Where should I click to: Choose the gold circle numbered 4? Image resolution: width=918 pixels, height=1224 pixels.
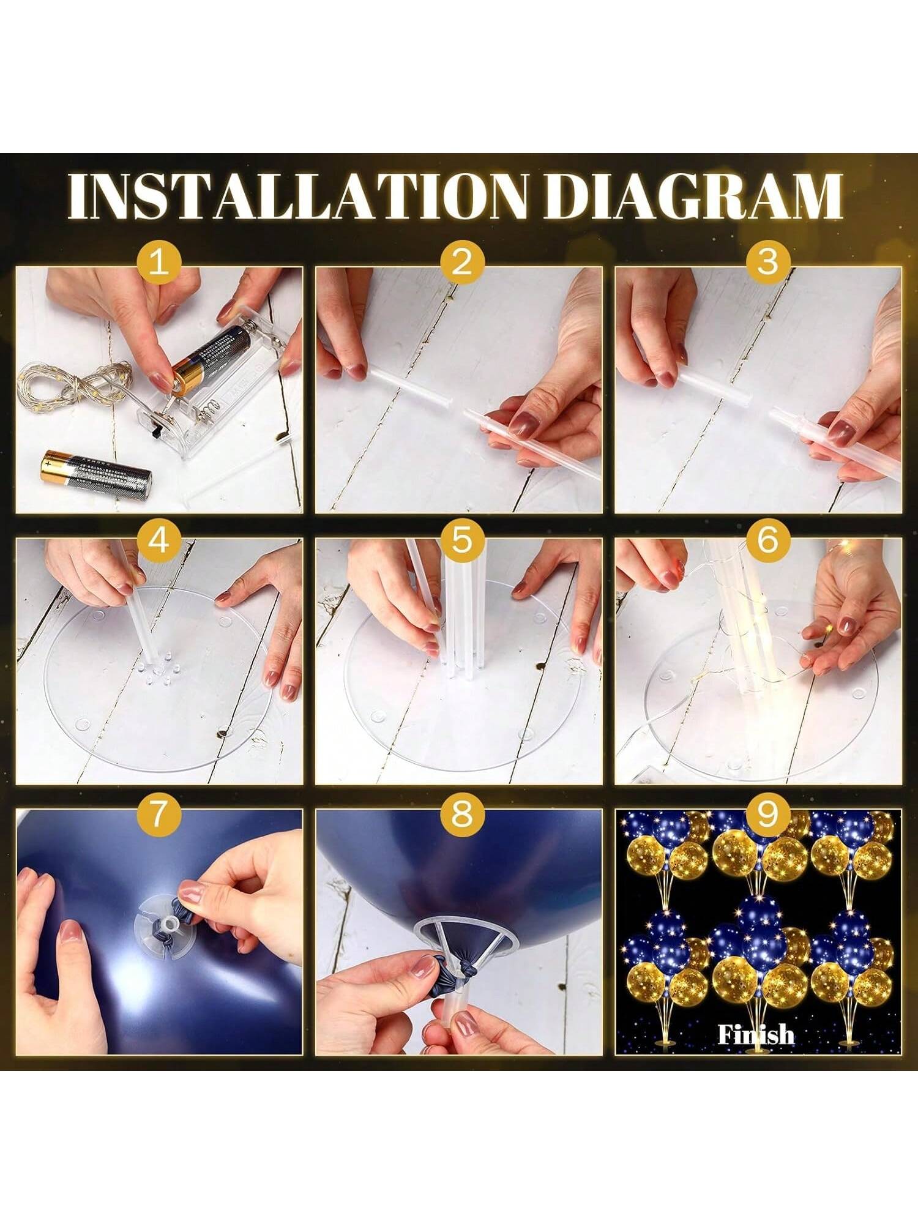pos(159,542)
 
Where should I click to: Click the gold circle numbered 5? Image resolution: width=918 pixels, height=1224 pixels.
pos(461,542)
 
